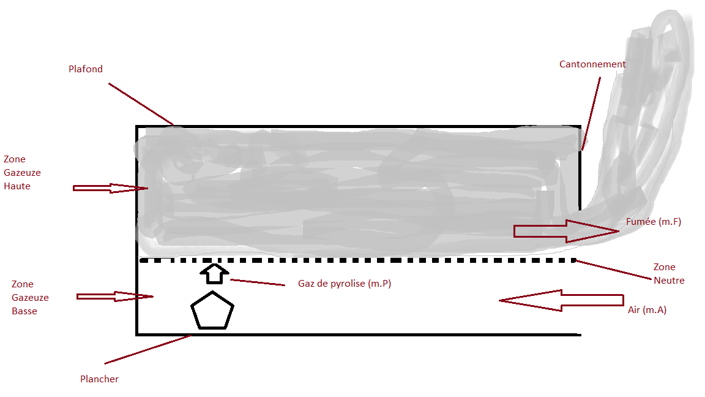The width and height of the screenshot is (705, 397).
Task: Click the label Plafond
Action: click(x=86, y=69)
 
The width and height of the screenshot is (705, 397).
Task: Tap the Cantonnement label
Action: click(x=592, y=64)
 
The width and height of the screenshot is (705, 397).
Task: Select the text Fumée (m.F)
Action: click(x=654, y=222)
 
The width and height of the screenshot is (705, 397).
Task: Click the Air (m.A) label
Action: click(x=647, y=310)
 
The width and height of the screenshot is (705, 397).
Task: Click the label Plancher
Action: click(x=99, y=379)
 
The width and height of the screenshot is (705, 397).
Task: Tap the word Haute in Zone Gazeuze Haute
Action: click(x=17, y=186)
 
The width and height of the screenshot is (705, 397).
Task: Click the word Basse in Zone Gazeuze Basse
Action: click(x=24, y=311)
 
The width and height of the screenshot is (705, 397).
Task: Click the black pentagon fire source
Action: click(x=212, y=311)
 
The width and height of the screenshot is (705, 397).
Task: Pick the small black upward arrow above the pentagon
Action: click(x=213, y=273)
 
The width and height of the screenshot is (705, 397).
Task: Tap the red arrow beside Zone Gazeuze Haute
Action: click(x=110, y=188)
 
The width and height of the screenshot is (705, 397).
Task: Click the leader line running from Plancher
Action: click(x=147, y=350)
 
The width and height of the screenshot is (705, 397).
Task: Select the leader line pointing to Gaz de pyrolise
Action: click(x=257, y=282)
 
